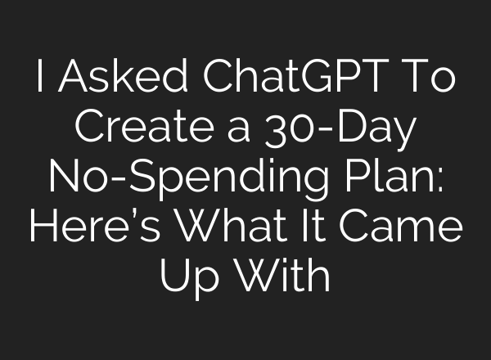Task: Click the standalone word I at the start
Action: point(39,79)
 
